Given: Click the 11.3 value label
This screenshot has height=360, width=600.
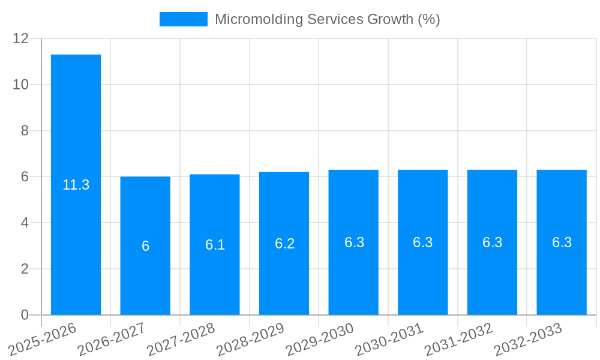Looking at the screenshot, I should (76, 185).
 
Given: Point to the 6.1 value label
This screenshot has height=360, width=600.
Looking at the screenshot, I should (215, 245).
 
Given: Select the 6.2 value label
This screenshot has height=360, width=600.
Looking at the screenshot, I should (284, 244).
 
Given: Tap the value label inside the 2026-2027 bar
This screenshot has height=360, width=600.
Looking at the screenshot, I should (145, 246).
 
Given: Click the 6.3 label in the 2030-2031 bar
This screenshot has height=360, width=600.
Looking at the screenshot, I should (423, 242).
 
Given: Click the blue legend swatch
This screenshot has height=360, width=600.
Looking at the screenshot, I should (183, 19).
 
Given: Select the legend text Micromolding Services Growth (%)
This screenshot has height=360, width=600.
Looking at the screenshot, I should (327, 19).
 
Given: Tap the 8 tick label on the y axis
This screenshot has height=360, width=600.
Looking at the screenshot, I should (25, 131).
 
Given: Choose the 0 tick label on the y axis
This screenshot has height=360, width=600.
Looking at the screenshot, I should (25, 315).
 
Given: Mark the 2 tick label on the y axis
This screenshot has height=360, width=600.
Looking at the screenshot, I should (25, 269).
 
